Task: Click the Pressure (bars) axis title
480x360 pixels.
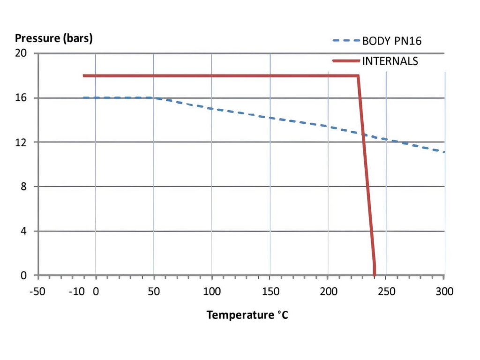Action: [54, 38]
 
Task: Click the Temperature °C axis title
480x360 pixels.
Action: [247, 315]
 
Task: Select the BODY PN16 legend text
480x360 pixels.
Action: [392, 41]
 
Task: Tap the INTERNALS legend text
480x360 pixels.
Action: [390, 61]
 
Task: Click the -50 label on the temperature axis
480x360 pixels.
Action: [37, 291]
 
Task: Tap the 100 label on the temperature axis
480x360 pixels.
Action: [212, 291]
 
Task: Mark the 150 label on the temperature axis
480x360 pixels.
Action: [270, 291]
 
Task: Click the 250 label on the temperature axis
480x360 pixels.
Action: [386, 291]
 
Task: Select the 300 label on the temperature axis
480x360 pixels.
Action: [444, 291]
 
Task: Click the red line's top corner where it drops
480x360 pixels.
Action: [358, 76]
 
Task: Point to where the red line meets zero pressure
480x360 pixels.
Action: [375, 275]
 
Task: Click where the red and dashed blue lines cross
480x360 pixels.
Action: [363, 134]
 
